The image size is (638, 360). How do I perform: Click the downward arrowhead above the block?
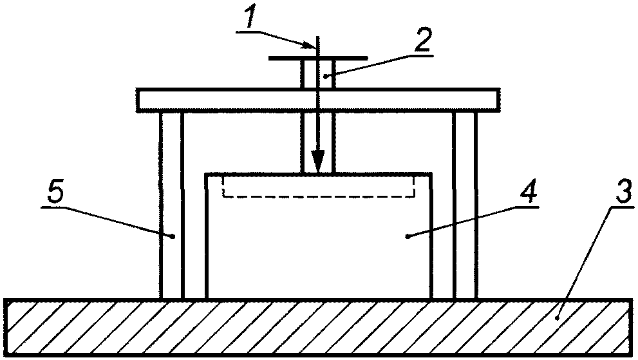[x=317, y=161]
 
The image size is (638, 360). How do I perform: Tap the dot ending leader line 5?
[x=174, y=237]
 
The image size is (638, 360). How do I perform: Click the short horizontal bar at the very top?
[x=283, y=58]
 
